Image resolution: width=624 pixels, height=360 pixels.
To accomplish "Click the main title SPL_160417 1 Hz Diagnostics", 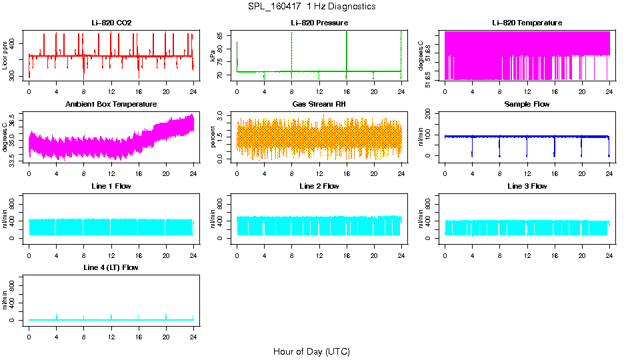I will pos(311,7).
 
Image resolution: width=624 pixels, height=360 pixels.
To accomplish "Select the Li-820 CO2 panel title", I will pos(111,23).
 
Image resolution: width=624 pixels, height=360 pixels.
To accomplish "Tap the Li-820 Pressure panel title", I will pos(319,23).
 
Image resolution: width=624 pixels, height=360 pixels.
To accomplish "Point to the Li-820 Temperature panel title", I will pos(527,23).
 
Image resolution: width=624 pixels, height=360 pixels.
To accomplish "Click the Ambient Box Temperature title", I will pos(111,104).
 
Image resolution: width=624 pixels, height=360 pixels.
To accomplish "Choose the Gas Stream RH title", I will pos(319,104).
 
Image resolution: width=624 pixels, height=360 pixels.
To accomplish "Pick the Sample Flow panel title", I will pos(527,104).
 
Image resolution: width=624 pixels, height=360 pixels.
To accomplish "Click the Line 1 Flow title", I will pos(111,186).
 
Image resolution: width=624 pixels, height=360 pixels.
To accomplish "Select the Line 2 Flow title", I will pos(319,186).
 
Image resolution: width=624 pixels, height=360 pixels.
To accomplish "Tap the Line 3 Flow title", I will pos(527,186).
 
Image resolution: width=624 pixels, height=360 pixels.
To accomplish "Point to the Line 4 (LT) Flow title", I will pos(111,267).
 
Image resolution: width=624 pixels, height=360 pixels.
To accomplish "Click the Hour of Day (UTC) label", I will pos(311,351).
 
